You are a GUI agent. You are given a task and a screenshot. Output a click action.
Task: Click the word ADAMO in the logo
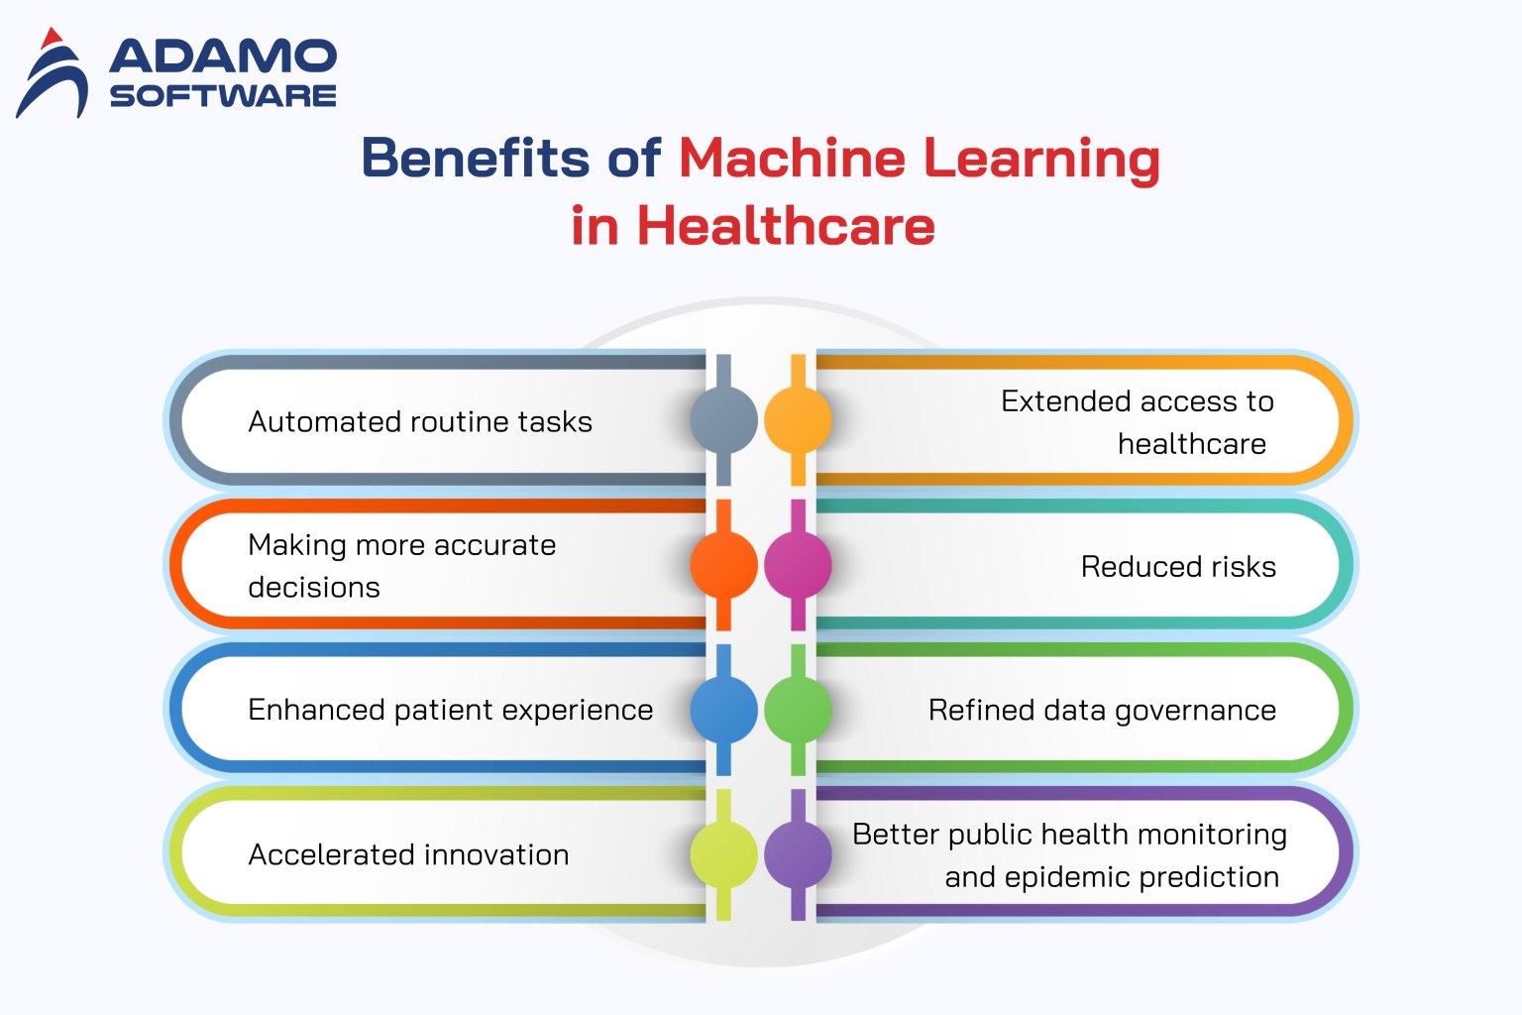pyautogui.click(x=223, y=56)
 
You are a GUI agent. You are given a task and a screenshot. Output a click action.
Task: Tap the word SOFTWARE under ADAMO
pyautogui.click(x=223, y=96)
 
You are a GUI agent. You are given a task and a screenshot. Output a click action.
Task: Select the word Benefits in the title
pyautogui.click(x=476, y=158)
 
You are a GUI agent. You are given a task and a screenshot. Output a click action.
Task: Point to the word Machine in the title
pyautogui.click(x=792, y=158)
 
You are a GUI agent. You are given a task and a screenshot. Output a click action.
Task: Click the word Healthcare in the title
pyautogui.click(x=786, y=226)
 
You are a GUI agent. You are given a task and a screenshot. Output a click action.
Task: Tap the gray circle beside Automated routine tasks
pyautogui.click(x=723, y=420)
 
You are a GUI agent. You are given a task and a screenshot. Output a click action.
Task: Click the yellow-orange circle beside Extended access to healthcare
pyautogui.click(x=798, y=420)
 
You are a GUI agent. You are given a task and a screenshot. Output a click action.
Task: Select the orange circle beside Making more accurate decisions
pyautogui.click(x=723, y=565)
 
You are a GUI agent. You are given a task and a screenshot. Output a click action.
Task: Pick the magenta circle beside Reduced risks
pyautogui.click(x=798, y=565)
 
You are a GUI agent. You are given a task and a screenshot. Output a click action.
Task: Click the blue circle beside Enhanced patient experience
pyautogui.click(x=723, y=710)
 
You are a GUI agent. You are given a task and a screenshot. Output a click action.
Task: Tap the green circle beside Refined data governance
pyautogui.click(x=798, y=710)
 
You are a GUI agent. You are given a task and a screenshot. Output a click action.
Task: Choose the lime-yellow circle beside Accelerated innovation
pyautogui.click(x=723, y=854)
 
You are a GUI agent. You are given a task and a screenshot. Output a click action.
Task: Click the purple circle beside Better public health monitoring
pyautogui.click(x=798, y=854)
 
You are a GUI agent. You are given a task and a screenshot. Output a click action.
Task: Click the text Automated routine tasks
pyautogui.click(x=420, y=422)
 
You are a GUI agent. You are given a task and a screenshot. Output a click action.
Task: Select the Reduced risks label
pyautogui.click(x=1178, y=567)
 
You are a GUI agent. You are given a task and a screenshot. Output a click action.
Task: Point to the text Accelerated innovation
pyautogui.click(x=408, y=854)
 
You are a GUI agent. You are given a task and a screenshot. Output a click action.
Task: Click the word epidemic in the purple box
pyautogui.click(x=1067, y=877)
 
